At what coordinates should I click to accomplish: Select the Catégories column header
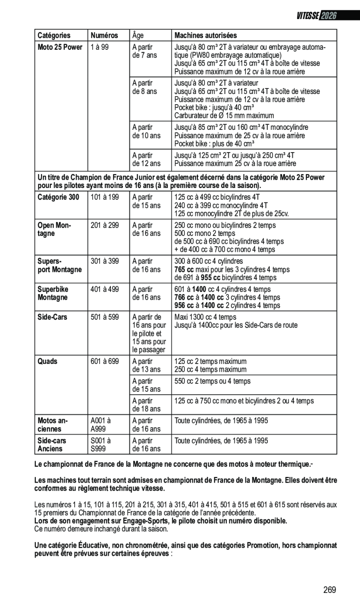click(x=54, y=35)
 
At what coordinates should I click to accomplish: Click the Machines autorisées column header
click(x=205, y=35)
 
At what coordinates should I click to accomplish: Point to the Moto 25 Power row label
click(x=60, y=47)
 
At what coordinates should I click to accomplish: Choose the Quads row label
click(x=48, y=362)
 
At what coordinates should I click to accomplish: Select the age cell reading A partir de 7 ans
click(x=144, y=51)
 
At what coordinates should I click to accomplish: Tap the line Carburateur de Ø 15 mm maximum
click(x=224, y=115)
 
